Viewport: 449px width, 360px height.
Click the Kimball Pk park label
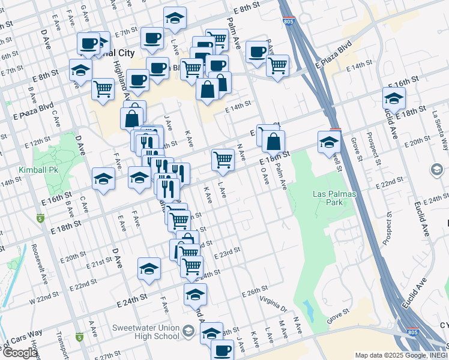(38, 170)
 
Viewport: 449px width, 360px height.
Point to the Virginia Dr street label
(273, 305)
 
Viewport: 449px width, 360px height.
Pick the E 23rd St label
(226, 251)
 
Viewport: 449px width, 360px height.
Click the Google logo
(19, 352)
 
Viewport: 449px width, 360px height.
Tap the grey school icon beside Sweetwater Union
(188, 331)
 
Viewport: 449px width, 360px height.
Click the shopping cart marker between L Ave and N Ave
(223, 159)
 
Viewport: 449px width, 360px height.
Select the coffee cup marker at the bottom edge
(222, 350)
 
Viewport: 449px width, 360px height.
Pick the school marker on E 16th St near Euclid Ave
(394, 98)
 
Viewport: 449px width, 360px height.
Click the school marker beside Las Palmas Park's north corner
(330, 142)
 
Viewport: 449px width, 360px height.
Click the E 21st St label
(99, 262)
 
